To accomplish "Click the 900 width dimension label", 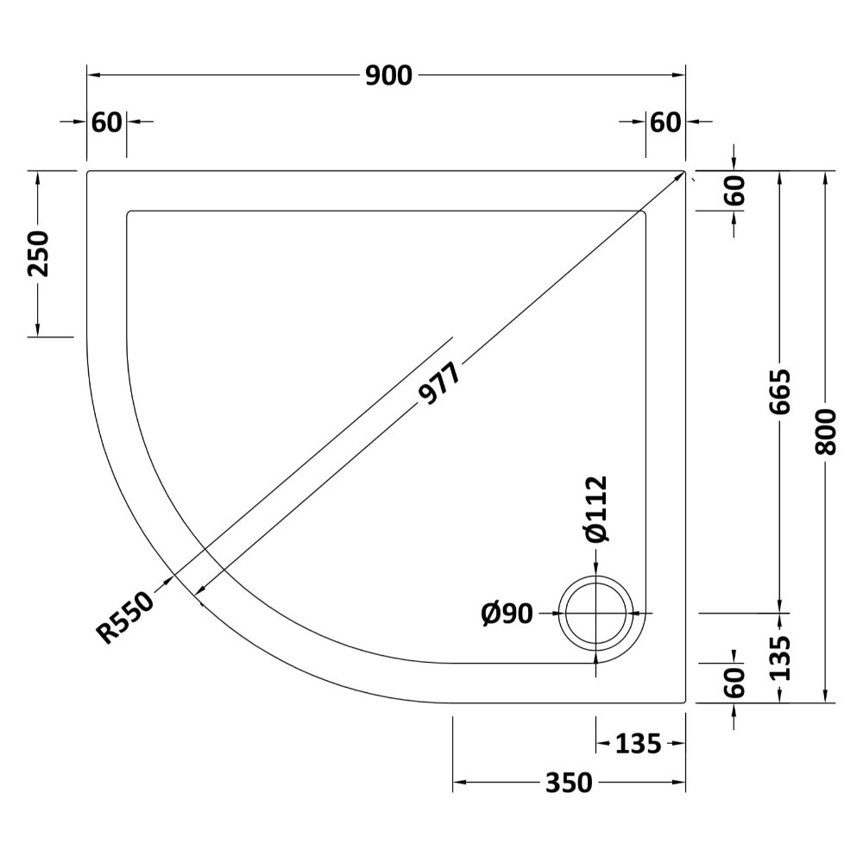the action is click(x=388, y=75).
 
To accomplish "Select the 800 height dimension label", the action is click(x=825, y=431).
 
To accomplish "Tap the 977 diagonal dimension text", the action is click(x=439, y=383).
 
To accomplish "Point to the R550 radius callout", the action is click(x=126, y=617).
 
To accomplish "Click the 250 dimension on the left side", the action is click(x=38, y=254).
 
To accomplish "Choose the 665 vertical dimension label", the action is click(x=779, y=392).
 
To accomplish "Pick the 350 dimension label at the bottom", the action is click(x=569, y=782).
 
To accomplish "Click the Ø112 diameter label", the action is click(x=596, y=509).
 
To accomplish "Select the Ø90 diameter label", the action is click(x=507, y=613).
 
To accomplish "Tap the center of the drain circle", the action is click(x=596, y=613).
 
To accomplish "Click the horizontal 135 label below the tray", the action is click(x=638, y=744).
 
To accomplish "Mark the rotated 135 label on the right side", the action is click(x=779, y=658).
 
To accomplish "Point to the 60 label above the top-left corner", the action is click(x=106, y=123).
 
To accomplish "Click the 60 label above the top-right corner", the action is click(x=665, y=123).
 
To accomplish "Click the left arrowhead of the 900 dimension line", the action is click(x=93, y=75).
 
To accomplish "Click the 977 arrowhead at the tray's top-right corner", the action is click(x=680, y=176).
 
